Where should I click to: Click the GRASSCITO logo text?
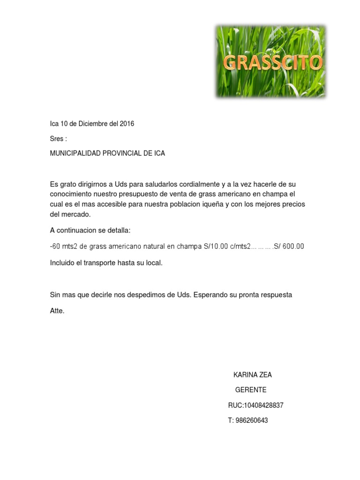(272, 63)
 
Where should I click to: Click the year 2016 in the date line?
(127, 124)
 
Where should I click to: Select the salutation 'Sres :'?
(58, 139)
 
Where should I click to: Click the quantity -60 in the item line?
(56, 247)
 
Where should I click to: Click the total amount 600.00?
(292, 247)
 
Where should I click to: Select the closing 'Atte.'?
(57, 310)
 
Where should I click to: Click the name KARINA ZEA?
(252, 375)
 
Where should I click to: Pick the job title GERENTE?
(250, 390)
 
